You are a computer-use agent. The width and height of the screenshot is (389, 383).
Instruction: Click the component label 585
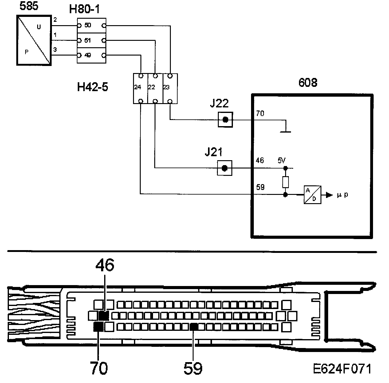point(29,6)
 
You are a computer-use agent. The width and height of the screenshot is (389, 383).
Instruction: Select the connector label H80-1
point(84,10)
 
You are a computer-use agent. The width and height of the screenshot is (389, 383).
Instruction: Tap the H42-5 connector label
point(92,87)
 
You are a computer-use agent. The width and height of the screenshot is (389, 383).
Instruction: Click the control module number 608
point(308,83)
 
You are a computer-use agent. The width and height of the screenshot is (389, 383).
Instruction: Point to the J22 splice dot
point(225,120)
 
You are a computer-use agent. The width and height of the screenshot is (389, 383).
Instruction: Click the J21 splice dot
point(225,168)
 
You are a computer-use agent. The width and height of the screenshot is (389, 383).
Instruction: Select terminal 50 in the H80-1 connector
point(88,25)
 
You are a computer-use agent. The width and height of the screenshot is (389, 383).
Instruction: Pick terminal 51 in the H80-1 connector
point(88,40)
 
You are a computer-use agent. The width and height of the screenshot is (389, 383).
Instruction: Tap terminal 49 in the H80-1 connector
point(88,56)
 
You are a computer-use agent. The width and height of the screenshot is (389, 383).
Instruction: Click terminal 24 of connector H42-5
point(137,87)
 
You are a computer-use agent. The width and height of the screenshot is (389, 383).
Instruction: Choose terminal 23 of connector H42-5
point(166,87)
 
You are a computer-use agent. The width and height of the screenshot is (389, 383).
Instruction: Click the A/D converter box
point(312,195)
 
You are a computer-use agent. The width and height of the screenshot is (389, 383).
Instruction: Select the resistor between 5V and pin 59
point(285,182)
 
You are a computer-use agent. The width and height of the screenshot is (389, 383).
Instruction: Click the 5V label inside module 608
point(281,160)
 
